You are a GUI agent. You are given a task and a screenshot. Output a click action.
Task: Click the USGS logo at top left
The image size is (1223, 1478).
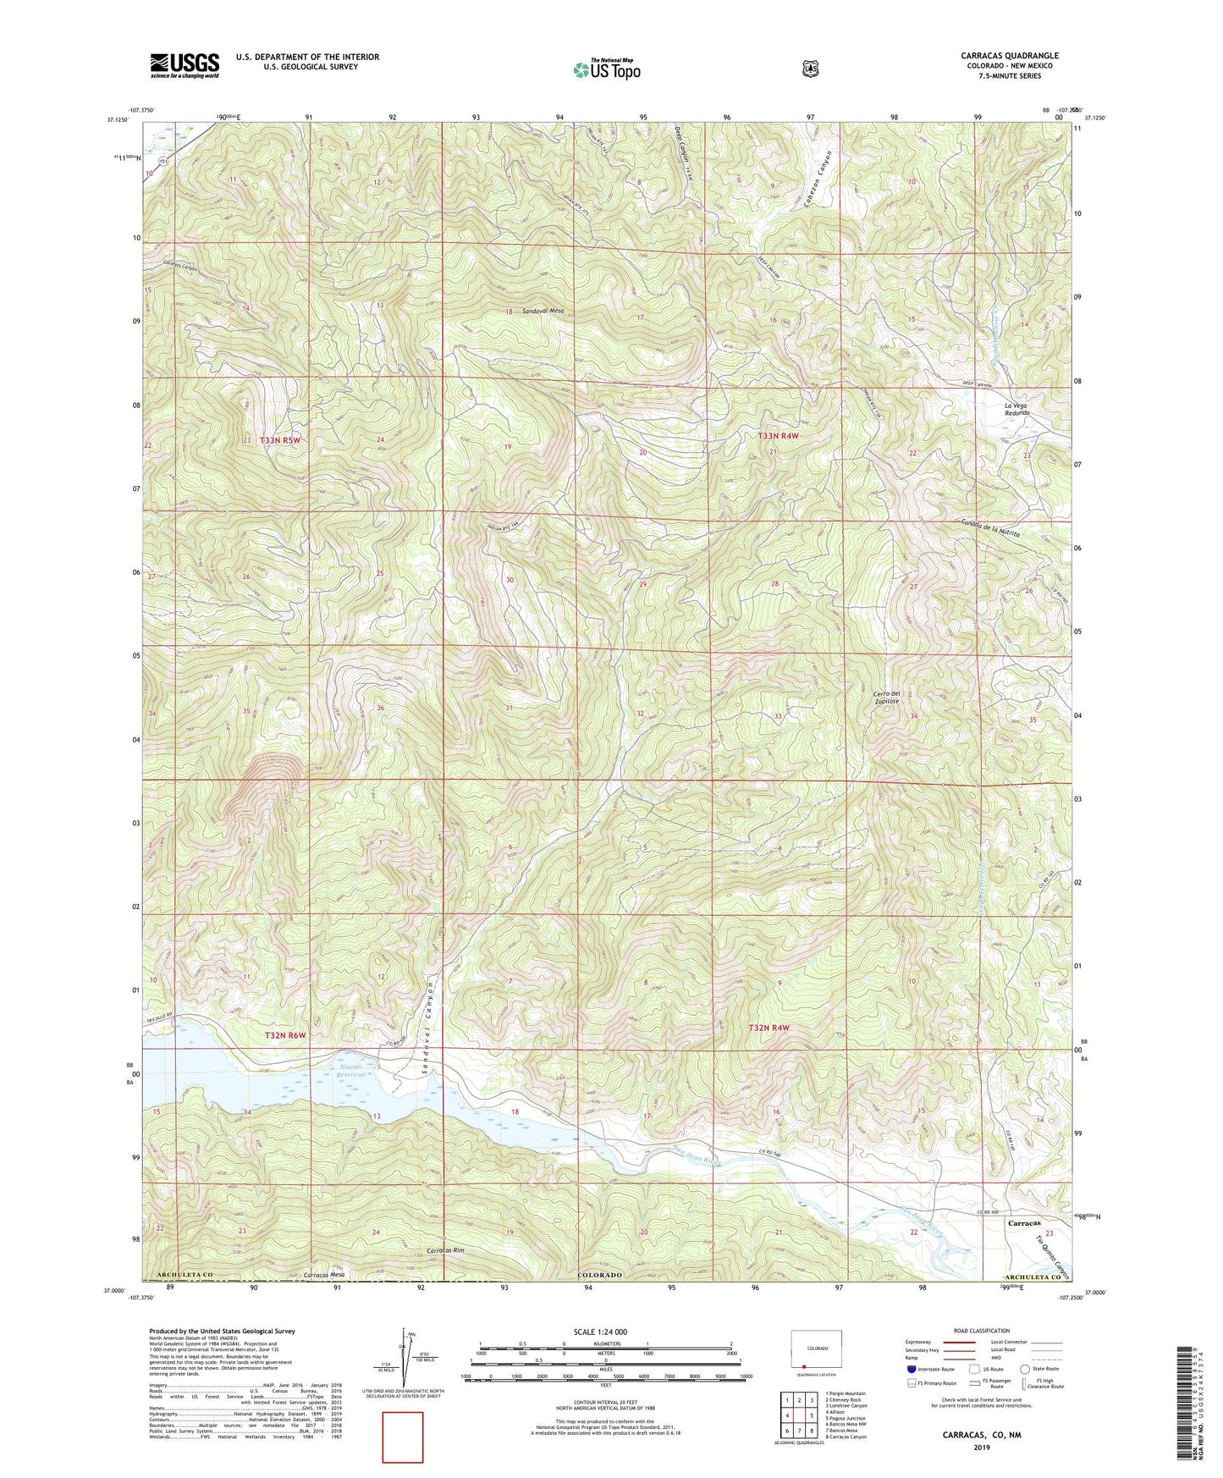pyautogui.click(x=185, y=65)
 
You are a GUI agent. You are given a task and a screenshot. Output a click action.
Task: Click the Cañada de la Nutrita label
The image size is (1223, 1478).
pyautogui.click(x=990, y=529)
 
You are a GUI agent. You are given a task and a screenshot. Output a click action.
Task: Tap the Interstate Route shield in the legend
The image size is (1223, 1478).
pyautogui.click(x=911, y=1369)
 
